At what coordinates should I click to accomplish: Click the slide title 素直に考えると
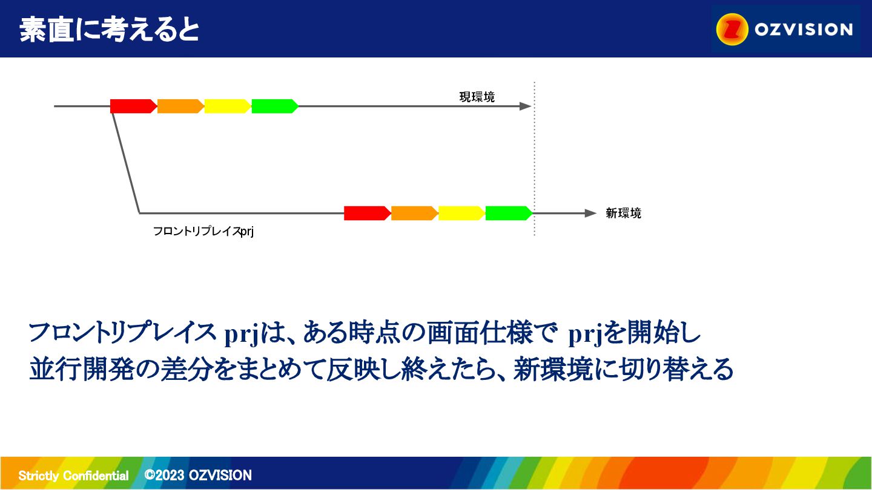pos(110,30)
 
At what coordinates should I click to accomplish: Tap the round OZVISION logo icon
pos(732,29)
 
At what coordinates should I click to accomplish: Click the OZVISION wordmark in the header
pos(804,30)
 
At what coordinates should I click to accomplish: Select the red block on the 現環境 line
pos(133,106)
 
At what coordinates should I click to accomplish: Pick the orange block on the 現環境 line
pos(180,106)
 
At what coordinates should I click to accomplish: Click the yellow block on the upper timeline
pos(228,106)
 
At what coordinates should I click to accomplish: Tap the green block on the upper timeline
pos(275,106)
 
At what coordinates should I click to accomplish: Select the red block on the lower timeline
pos(368,213)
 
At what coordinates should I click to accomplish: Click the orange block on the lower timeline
pos(415,213)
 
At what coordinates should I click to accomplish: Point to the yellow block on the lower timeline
pos(461,213)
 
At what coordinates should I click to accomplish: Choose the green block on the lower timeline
pos(509,213)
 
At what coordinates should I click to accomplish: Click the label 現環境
pos(477,97)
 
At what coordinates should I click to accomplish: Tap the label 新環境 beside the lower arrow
pos(623,213)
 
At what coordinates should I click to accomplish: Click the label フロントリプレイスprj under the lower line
pos(203,231)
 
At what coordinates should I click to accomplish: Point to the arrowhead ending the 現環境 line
pos(526,106)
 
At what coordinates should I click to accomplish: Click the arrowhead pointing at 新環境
pos(591,213)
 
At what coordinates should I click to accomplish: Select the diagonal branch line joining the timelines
pos(126,163)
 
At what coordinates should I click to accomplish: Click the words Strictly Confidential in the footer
pos(74,475)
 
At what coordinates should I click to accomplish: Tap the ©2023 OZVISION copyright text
pos(198,475)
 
